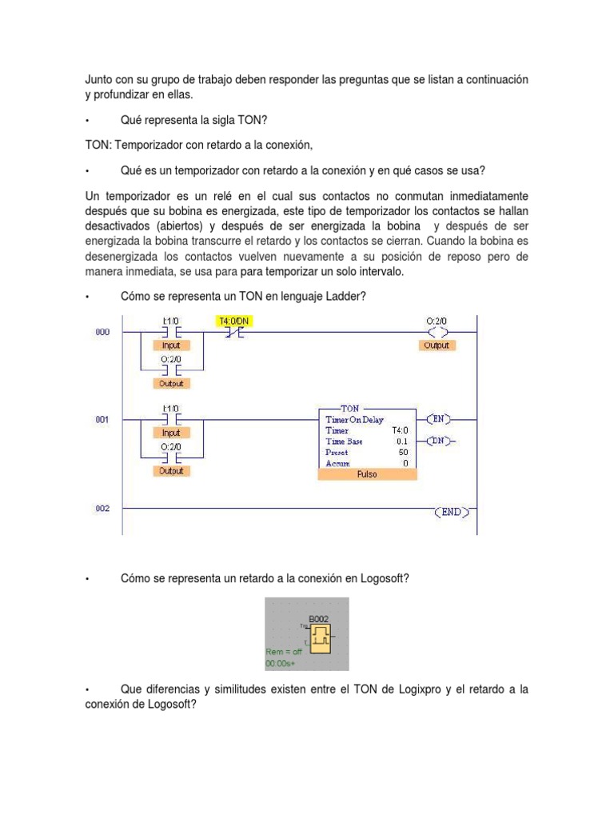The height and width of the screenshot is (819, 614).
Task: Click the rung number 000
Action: click(x=103, y=332)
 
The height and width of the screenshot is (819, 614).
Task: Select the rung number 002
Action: click(x=103, y=508)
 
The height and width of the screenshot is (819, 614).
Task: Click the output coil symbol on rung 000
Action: click(x=437, y=332)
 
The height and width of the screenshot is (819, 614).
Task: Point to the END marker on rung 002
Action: click(x=451, y=512)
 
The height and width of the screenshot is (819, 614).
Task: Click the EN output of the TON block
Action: click(x=440, y=418)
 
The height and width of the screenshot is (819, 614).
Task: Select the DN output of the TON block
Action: click(x=440, y=440)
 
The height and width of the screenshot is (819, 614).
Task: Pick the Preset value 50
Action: click(x=402, y=452)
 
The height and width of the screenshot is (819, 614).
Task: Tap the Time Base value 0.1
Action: click(x=402, y=441)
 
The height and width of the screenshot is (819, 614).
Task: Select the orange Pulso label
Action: click(x=367, y=473)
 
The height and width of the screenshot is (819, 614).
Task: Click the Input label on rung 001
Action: click(x=171, y=433)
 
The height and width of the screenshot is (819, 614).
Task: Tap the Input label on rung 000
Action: click(x=171, y=346)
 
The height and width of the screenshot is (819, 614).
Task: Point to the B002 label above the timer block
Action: click(x=319, y=618)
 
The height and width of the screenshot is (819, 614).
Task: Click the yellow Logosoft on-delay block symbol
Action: click(x=321, y=638)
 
